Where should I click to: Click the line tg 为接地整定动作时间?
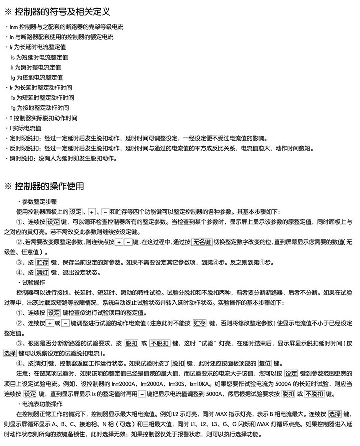click(x=39, y=108)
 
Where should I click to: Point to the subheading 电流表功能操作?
click(x=42, y=403)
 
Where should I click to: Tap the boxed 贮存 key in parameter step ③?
click(x=42, y=262)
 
